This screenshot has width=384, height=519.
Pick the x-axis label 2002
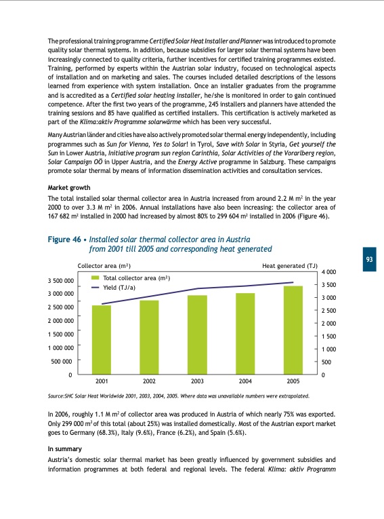point(149,382)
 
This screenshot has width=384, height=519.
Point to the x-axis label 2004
point(245,382)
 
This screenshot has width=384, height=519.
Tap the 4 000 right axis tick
point(328,272)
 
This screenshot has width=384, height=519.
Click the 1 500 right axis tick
point(328,337)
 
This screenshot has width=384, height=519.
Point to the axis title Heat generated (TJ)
point(289,265)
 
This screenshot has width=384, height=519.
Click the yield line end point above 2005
point(293,282)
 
